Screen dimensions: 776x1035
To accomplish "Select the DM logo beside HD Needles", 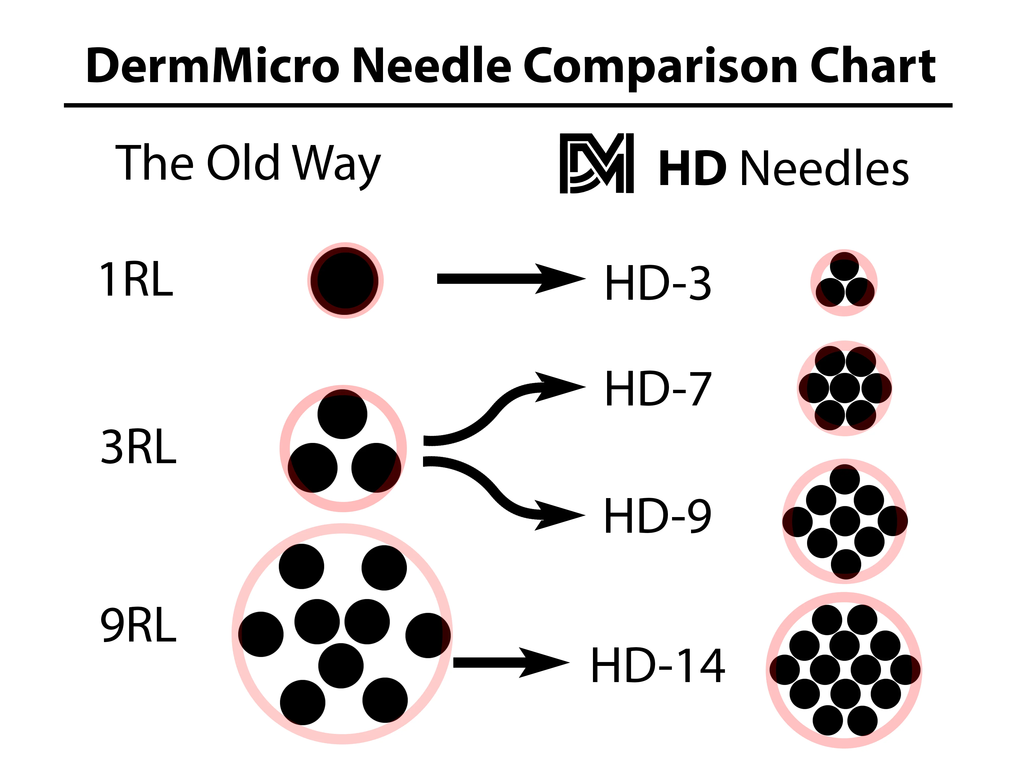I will (597, 163).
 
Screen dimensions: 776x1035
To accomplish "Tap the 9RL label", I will (139, 626).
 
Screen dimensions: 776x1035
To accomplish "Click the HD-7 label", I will (658, 389).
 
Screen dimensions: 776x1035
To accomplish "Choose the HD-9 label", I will (658, 516).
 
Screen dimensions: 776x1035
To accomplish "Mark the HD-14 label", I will (658, 666).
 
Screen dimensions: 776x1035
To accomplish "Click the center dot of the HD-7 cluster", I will (845, 388).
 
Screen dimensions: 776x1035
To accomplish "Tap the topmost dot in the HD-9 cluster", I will (845, 479).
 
